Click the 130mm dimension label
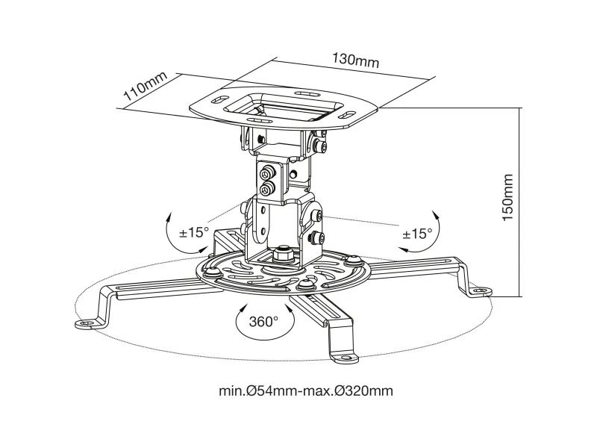(x=356, y=60)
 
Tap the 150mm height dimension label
(x=508, y=197)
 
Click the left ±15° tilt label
(x=194, y=232)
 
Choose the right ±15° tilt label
(x=418, y=234)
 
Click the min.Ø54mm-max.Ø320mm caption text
(x=306, y=391)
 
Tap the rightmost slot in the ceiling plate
(x=346, y=115)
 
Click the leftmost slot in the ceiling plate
(x=218, y=100)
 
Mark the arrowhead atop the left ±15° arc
(x=169, y=217)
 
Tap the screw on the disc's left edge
(x=212, y=272)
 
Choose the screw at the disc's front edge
(x=305, y=284)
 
